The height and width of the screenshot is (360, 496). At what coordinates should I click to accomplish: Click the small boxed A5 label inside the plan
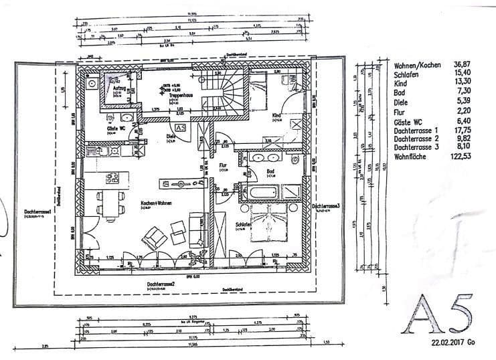click(x=179, y=127)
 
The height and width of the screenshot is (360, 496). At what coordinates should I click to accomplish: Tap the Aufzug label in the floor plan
click(x=121, y=88)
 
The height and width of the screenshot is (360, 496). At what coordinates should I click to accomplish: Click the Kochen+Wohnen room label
click(x=155, y=203)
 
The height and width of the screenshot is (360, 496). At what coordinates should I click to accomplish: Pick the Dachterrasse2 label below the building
click(x=163, y=284)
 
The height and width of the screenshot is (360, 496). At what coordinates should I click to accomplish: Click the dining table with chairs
click(x=110, y=201)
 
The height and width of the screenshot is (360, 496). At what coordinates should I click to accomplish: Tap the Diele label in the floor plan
click(x=171, y=138)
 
